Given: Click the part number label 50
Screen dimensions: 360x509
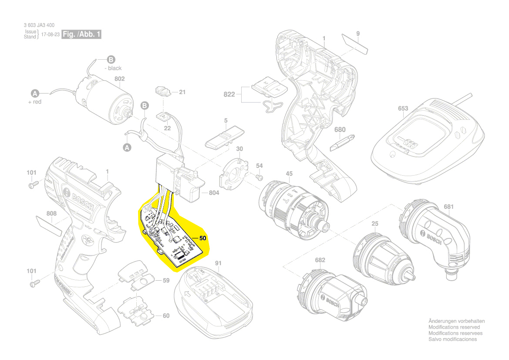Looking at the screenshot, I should pyautogui.click(x=202, y=238).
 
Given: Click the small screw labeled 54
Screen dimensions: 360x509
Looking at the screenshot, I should pyautogui.click(x=259, y=177).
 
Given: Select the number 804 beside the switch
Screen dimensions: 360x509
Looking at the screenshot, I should pyautogui.click(x=214, y=193).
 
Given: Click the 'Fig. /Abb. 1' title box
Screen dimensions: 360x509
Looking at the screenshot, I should pyautogui.click(x=81, y=34).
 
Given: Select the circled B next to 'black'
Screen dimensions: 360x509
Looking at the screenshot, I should pyautogui.click(x=111, y=60).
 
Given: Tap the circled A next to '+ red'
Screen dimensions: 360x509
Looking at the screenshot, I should pyautogui.click(x=35, y=93).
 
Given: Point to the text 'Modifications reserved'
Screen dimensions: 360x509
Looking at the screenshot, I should pyautogui.click(x=454, y=327).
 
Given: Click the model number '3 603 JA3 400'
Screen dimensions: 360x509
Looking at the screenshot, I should pyautogui.click(x=39, y=26).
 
